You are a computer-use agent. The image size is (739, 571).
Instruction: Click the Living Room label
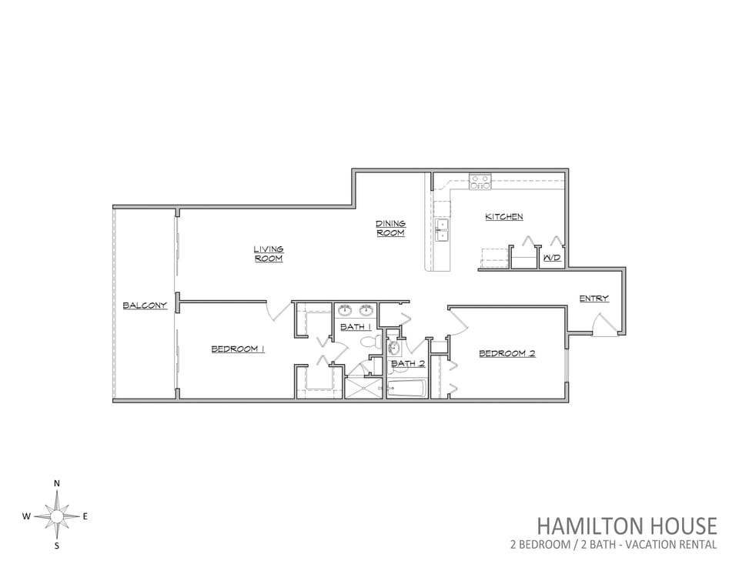click(x=269, y=254)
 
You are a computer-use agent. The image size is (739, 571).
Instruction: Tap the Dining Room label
click(x=391, y=228)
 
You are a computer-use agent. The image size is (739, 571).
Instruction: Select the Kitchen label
click(x=503, y=217)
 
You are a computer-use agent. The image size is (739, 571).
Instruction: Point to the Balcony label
click(x=145, y=306)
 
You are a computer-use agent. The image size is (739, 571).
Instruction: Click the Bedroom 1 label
click(x=238, y=349)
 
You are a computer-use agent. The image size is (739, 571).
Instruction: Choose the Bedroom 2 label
click(x=507, y=353)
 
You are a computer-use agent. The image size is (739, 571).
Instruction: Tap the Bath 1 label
click(x=356, y=326)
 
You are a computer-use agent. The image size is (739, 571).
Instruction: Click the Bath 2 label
click(x=408, y=363)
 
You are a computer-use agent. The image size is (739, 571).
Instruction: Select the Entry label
click(x=594, y=299)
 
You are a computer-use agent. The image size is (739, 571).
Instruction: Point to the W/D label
click(x=552, y=258)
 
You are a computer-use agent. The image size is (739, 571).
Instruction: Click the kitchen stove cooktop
click(x=480, y=182)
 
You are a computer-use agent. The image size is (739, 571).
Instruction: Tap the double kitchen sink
click(x=442, y=230)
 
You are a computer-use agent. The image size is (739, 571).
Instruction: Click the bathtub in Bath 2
click(x=406, y=389)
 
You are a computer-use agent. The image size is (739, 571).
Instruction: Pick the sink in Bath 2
click(x=394, y=348)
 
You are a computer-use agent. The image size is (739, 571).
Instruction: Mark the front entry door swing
click(x=605, y=326)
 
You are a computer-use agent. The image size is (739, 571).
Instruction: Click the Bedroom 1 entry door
click(x=279, y=312)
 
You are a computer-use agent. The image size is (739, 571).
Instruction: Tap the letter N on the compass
click(x=57, y=483)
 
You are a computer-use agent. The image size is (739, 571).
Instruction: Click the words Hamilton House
click(x=627, y=526)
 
